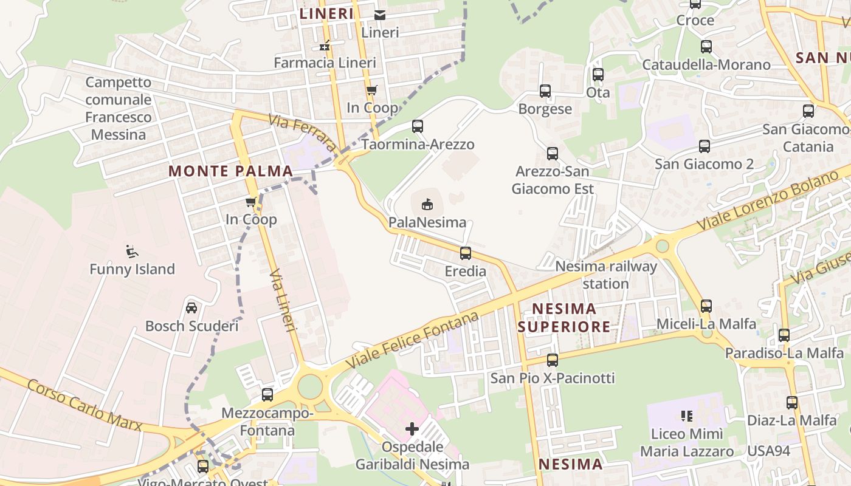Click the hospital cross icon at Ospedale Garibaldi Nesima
[x=412, y=429]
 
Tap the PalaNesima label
[x=427, y=222]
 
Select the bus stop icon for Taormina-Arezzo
[x=418, y=126]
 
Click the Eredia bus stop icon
[x=466, y=253]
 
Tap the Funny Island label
[x=132, y=269]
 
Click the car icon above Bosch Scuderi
[x=191, y=308]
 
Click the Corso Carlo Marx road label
[x=85, y=406]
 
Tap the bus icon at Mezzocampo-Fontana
[x=267, y=395]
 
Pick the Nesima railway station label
[x=606, y=275]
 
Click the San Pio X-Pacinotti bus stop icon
[x=553, y=360]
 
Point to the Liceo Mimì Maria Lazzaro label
[x=687, y=443]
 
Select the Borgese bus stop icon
[x=545, y=91]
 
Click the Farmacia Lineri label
[x=325, y=63]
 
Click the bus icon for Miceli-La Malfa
[x=706, y=306]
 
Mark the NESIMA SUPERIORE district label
[x=563, y=318]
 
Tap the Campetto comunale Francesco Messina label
[x=119, y=108]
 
